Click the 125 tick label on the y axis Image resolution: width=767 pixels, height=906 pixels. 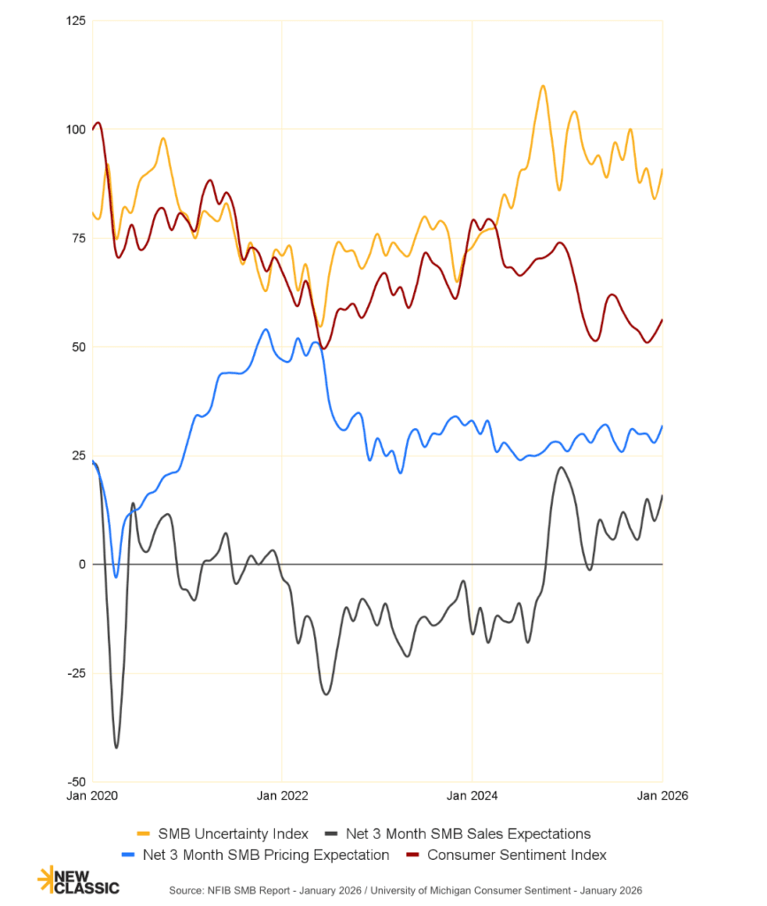75,20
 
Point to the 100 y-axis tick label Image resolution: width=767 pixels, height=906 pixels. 75,129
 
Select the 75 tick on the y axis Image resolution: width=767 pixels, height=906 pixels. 78,238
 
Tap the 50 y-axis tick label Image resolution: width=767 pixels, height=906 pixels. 78,347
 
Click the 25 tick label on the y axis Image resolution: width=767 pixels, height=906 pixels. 78,456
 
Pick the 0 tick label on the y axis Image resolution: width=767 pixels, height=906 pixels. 81,564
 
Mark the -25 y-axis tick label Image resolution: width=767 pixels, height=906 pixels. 76,673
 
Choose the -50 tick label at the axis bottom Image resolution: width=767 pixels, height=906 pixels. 76,782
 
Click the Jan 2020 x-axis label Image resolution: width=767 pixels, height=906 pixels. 92,795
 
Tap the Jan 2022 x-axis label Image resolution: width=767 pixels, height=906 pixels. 281,795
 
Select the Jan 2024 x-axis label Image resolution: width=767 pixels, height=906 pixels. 472,795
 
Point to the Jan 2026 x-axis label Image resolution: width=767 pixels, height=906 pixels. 663,795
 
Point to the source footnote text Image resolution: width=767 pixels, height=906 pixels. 405,888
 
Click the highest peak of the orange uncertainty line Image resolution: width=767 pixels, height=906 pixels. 542,86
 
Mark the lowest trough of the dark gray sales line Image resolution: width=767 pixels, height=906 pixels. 116,748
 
